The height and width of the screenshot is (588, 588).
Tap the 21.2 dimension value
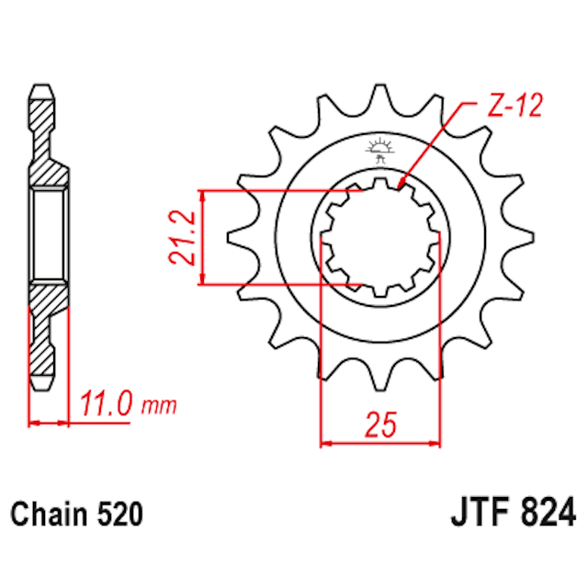tap(181, 237)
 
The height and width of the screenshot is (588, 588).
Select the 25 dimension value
tap(379, 424)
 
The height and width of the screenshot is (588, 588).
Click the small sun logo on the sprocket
tap(379, 147)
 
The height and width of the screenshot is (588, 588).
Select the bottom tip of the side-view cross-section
tap(42, 379)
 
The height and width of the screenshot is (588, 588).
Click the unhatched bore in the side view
tap(49, 234)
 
